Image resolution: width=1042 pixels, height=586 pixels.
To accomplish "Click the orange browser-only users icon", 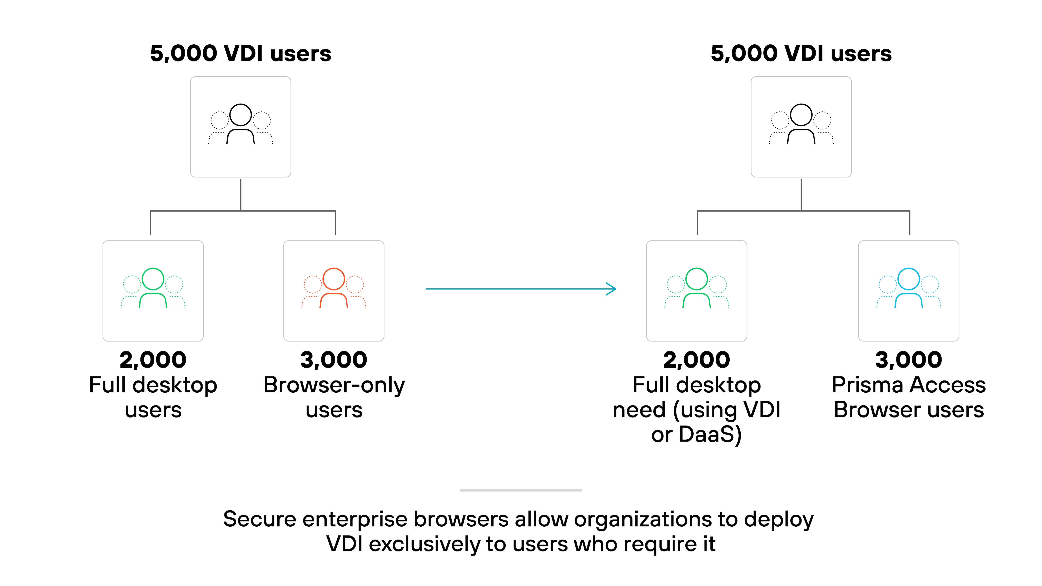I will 334,288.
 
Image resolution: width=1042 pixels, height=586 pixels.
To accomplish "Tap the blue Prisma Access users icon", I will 908,288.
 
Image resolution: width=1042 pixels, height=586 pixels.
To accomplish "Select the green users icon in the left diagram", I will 153,288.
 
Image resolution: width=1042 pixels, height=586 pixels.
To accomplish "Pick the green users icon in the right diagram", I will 696,288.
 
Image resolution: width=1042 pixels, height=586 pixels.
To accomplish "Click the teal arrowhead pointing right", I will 612,289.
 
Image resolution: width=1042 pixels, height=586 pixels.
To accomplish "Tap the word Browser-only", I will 334,385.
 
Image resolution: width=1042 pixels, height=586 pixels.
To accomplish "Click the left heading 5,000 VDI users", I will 241,53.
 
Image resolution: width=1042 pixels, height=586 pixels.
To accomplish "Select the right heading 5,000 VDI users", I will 801,53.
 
